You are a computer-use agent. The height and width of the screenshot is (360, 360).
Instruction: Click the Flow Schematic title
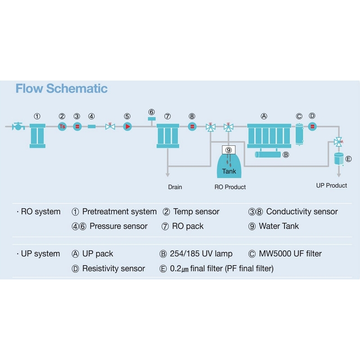62,89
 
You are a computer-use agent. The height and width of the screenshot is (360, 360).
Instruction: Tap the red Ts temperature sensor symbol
62,126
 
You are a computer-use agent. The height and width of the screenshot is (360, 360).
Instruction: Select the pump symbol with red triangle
127,126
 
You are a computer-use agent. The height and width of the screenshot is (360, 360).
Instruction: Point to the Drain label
175,187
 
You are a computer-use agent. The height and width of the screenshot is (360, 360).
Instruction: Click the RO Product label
230,187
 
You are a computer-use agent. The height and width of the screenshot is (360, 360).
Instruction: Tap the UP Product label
332,185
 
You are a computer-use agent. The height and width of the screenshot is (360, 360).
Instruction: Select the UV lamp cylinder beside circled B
268,154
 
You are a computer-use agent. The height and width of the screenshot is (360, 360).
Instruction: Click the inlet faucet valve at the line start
18,126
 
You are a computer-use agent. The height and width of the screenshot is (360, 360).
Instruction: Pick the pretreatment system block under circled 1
37,136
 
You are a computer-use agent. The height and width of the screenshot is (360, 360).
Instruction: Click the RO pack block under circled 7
168,136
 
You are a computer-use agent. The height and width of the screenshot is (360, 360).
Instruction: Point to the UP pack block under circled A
269,136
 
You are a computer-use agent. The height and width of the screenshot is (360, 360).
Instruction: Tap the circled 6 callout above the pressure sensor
152,112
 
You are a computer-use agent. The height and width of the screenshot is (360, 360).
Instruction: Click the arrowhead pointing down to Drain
167,175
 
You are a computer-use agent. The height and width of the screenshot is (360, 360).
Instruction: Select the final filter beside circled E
339,159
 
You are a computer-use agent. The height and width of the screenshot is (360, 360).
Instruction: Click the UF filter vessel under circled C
299,134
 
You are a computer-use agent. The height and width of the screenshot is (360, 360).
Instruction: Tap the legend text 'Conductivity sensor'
302,211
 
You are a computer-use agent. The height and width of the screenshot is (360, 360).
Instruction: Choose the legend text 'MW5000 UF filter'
290,254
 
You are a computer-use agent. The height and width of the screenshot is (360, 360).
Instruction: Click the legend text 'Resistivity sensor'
114,268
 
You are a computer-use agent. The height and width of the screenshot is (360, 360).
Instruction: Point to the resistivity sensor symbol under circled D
312,126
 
